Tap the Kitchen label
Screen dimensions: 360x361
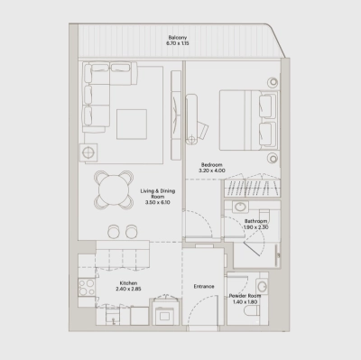[x=129, y=282]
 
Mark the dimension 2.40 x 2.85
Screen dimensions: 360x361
[x=129, y=289]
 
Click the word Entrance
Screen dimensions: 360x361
[x=204, y=287]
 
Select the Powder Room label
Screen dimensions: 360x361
[x=243, y=295]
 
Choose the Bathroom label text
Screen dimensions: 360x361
[x=255, y=221]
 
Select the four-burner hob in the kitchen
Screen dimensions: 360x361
[x=88, y=288]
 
